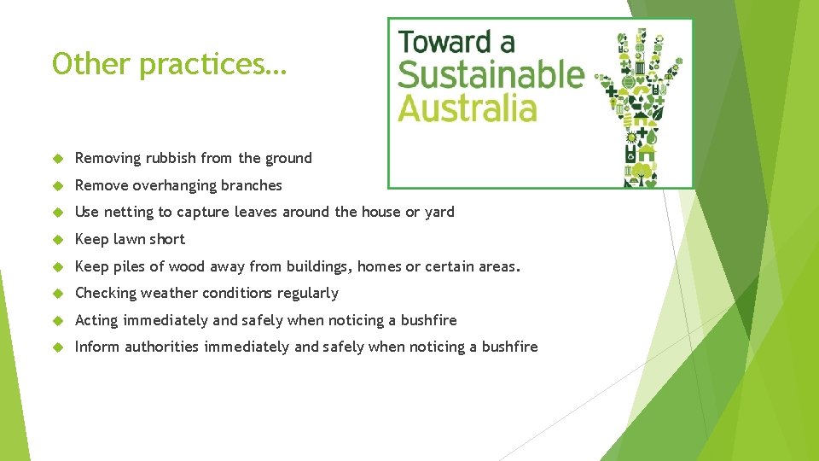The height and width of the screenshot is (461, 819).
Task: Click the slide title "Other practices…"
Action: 170,65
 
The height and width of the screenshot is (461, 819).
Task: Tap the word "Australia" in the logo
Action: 468,109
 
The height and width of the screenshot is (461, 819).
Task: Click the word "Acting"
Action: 96,320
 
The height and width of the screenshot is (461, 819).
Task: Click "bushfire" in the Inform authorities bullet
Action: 509,347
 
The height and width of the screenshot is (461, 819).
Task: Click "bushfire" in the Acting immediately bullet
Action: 428,320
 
